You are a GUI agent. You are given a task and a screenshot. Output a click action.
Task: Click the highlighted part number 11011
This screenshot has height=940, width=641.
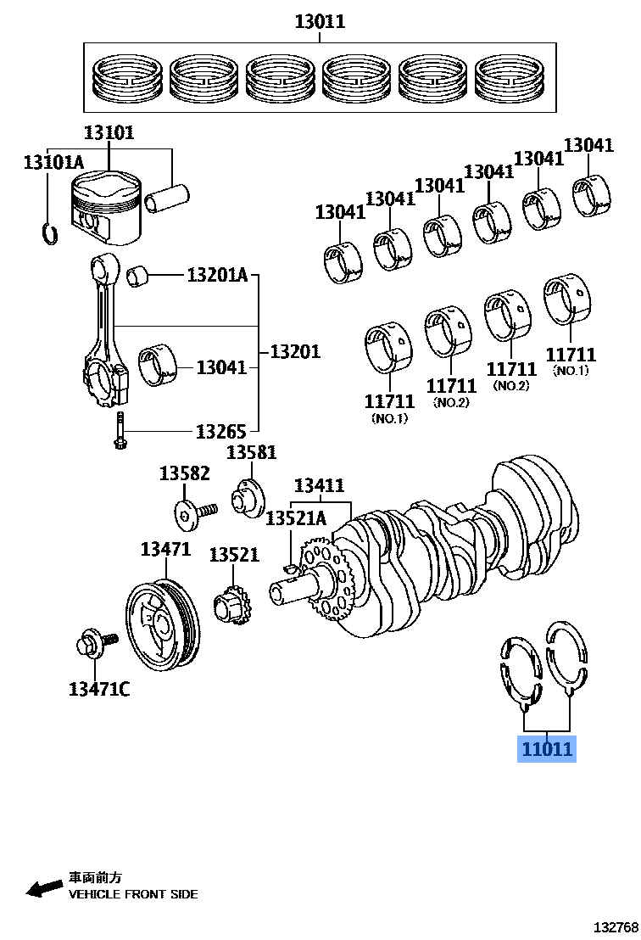pos(547,749)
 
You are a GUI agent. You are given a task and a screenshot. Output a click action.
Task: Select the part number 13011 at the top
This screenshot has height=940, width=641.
pos(320,21)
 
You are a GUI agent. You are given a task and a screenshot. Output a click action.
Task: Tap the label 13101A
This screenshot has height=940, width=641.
pos(53,162)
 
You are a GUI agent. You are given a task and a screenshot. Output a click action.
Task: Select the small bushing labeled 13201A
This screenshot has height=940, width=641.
pos(138,276)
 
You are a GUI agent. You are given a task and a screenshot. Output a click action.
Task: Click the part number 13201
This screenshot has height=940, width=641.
pos(294,351)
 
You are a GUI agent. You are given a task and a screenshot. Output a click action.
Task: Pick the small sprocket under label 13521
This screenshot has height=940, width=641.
pos(228,607)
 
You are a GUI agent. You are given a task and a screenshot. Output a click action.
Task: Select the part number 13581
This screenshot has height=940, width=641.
pos(251,452)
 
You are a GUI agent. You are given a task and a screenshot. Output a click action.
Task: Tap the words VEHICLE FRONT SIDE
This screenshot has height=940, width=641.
pos(133,894)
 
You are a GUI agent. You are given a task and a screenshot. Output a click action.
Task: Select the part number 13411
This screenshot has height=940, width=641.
pos(319,486)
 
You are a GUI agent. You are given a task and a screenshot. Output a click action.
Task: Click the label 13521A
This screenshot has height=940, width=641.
pos(295,518)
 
